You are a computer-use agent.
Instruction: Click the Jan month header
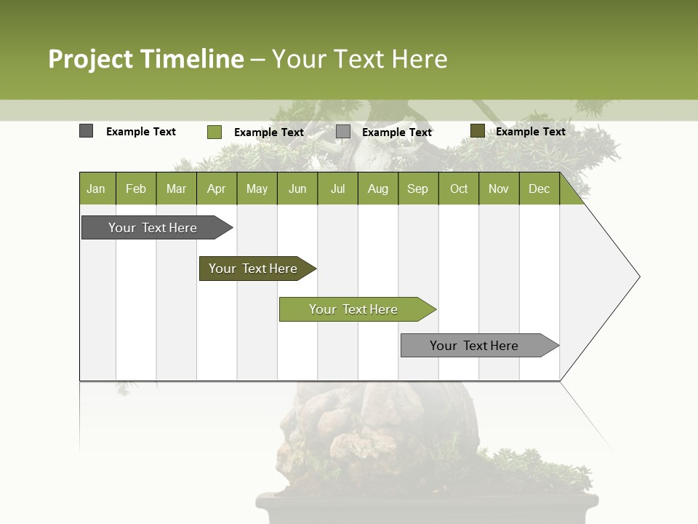[x=96, y=189]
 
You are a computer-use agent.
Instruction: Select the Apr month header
[x=216, y=189]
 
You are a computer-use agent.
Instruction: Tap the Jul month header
[x=337, y=189]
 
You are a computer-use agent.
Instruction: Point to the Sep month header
[x=417, y=189]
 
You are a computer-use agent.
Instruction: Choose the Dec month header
[x=539, y=189]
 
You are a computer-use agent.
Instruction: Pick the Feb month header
[x=136, y=189]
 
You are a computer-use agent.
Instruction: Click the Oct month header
[x=459, y=189]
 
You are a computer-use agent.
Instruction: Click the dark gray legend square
[x=87, y=131]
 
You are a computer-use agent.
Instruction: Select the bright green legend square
[x=214, y=132]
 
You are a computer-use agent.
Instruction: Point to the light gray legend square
[x=343, y=132]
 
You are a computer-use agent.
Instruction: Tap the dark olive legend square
[x=477, y=131]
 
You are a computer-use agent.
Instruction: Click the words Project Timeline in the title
[x=145, y=59]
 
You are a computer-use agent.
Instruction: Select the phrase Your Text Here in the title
[x=359, y=59]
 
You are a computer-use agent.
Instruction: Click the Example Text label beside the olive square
[x=530, y=132]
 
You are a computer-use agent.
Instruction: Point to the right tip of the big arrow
[x=638, y=277]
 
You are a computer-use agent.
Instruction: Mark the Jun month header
[x=297, y=189]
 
